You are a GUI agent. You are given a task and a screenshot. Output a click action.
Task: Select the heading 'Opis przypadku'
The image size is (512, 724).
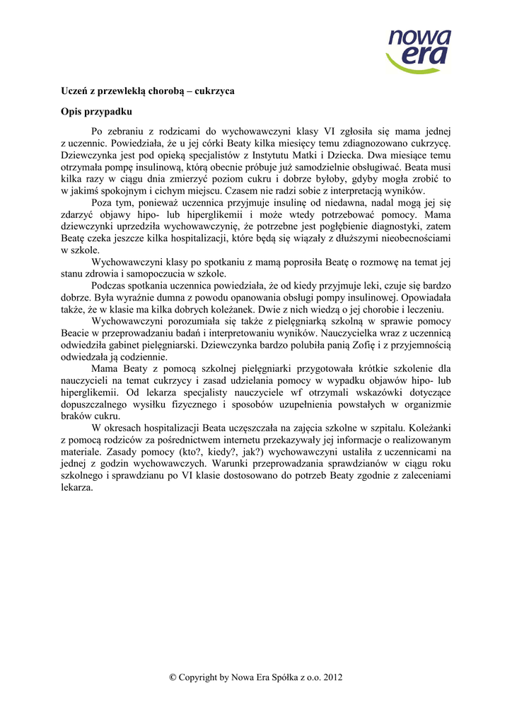(x=96, y=112)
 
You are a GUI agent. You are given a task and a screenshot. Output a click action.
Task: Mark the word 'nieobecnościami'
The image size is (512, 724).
(x=412, y=238)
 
